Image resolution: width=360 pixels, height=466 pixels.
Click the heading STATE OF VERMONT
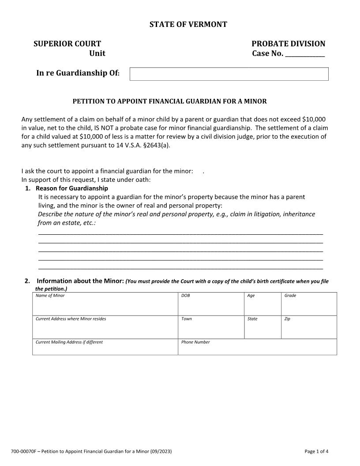188,24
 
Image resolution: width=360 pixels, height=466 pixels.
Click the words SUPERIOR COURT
67,44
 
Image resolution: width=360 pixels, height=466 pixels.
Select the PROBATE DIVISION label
288,44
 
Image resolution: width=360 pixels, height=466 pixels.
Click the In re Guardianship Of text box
229,74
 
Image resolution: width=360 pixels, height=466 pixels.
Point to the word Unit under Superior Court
97,54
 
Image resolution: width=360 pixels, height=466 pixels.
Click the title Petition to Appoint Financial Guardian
169,101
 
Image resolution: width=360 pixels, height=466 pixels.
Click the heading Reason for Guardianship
72,188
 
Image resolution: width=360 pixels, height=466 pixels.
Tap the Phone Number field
257,348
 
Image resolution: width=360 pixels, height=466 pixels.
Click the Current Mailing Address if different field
105,348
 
